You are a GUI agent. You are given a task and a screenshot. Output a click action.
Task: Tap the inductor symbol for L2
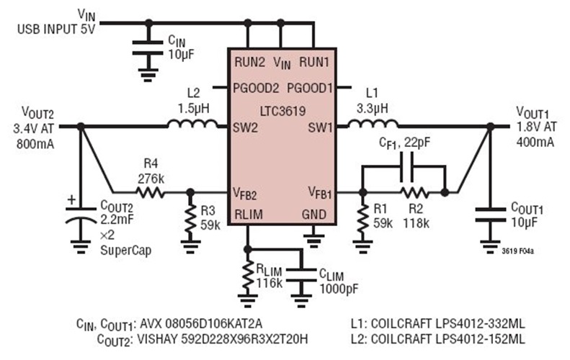[192, 125]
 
